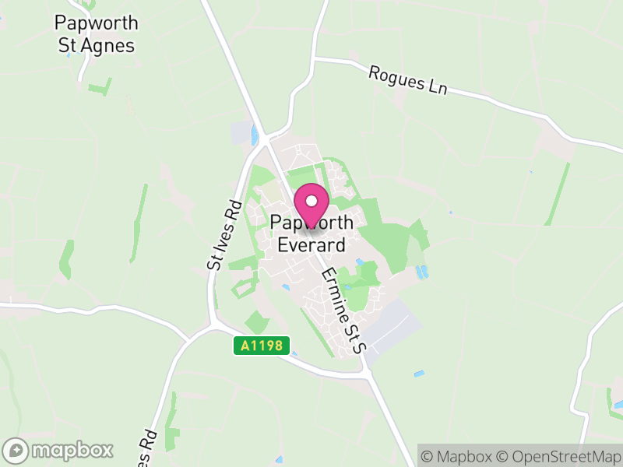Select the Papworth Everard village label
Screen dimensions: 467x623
[311, 234]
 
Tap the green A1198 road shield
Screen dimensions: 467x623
[262, 346]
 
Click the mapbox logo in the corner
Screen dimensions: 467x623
[58, 450]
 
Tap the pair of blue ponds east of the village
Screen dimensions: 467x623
[422, 272]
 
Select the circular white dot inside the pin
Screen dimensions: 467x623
[311, 202]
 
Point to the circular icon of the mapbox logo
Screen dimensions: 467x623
[16, 450]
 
